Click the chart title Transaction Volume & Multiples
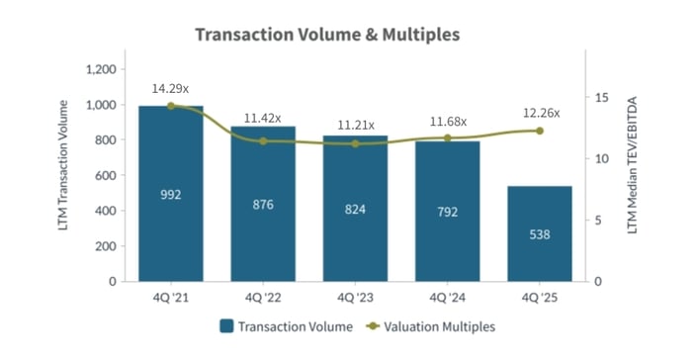(x=327, y=35)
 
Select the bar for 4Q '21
(x=170, y=194)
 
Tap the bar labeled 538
(x=540, y=233)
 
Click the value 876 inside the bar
(x=263, y=205)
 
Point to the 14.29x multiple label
(x=170, y=89)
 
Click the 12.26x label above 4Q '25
(x=540, y=113)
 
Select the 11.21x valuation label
(x=355, y=126)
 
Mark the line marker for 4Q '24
(x=448, y=137)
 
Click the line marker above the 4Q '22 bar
(x=263, y=141)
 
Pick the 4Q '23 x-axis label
(x=355, y=297)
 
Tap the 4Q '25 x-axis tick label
(x=540, y=297)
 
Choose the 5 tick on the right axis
(x=598, y=221)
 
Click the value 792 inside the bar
(x=448, y=210)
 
